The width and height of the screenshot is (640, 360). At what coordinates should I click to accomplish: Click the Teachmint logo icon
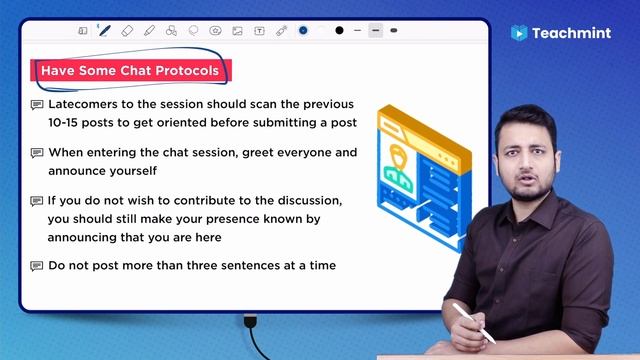519,33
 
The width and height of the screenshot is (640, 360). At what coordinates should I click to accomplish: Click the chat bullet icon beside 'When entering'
37,153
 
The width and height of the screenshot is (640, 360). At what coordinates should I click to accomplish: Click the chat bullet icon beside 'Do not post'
37,266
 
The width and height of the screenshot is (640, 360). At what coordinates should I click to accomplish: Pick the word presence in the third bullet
240,219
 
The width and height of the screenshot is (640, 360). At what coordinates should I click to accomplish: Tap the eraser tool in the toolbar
127,31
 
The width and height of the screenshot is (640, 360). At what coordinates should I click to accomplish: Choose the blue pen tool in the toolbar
105,31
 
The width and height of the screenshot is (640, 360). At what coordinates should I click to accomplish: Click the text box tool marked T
260,31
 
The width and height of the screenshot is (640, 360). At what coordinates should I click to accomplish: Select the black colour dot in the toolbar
340,31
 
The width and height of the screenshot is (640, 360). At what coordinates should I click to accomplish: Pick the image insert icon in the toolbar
237,31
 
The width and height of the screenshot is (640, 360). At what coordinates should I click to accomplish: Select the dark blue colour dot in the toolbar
303,31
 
